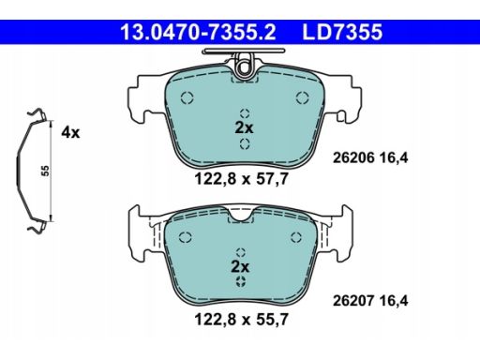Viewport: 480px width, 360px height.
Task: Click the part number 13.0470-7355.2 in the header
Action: pyautogui.click(x=198, y=32)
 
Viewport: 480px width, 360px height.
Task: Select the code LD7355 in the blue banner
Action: pyautogui.click(x=342, y=32)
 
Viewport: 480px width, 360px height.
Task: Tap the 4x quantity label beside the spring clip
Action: pyautogui.click(x=70, y=132)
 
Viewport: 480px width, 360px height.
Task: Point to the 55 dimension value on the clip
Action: pyautogui.click(x=46, y=171)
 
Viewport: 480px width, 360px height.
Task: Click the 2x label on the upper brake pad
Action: pyautogui.click(x=244, y=127)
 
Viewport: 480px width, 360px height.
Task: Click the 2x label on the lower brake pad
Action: pyautogui.click(x=240, y=266)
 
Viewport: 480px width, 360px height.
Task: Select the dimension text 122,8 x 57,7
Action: pyautogui.click(x=241, y=179)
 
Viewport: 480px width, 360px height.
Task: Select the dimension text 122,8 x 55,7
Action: pyautogui.click(x=241, y=320)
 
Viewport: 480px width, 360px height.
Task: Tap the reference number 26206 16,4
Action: pyautogui.click(x=370, y=157)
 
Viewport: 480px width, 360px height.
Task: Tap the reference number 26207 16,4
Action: pyautogui.click(x=370, y=301)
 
